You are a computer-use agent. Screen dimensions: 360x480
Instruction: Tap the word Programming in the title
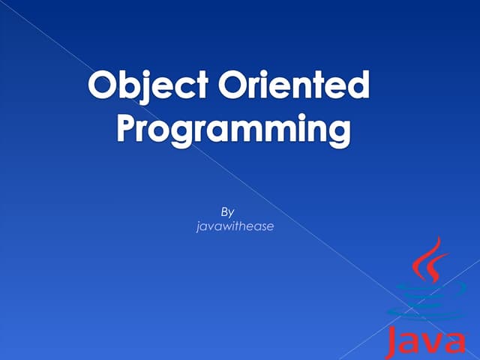click(234, 130)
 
